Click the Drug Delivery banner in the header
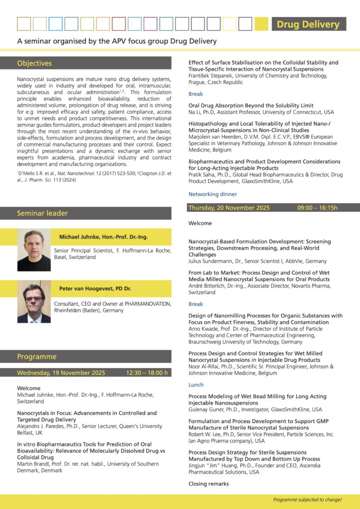tap(308, 24)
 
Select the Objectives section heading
tap(34, 63)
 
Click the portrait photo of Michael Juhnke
tap(34, 250)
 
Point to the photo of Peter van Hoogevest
tap(34, 302)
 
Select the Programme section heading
tap(37, 356)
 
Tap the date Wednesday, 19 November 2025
tap(61, 373)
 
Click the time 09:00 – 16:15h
tap(317, 208)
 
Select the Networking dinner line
tap(212, 194)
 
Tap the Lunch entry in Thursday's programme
tap(196, 385)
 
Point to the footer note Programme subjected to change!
tap(307, 500)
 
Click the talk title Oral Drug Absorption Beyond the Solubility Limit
tap(251, 105)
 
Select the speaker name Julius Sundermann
tap(214, 260)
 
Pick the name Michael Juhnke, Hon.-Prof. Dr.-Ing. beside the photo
tap(103, 237)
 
